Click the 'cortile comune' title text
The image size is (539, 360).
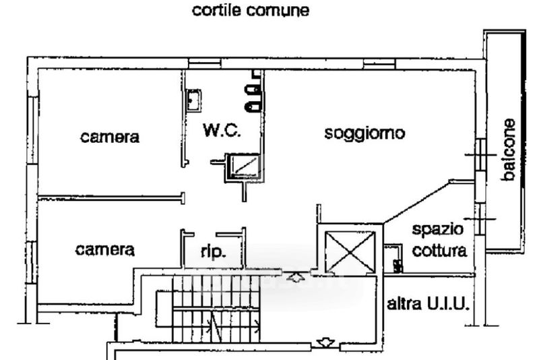(251, 11)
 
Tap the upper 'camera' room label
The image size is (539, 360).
(110, 138)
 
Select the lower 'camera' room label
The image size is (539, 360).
(104, 249)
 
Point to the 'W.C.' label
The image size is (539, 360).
(222, 130)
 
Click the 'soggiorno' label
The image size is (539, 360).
(364, 133)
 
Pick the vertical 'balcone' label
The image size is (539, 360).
(509, 150)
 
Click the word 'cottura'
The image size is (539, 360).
(439, 251)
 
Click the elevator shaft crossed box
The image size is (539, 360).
(350, 251)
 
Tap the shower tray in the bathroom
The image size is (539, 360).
(242, 167)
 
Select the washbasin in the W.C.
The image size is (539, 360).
(193, 102)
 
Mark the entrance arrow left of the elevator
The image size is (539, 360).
(294, 276)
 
